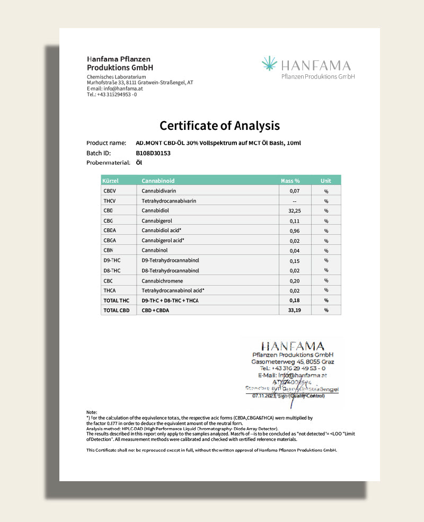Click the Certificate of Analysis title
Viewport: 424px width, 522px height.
point(219,126)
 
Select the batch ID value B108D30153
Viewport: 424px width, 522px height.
point(153,153)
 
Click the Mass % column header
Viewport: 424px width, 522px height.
point(290,181)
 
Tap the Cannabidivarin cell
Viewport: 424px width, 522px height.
point(159,190)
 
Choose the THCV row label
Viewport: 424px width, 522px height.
point(110,201)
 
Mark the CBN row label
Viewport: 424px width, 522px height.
point(108,250)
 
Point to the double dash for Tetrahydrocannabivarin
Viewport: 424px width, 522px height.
point(294,201)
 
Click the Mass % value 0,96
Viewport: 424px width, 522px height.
point(294,231)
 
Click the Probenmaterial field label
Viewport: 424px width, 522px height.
point(108,163)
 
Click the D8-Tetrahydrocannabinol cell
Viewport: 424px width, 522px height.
point(170,270)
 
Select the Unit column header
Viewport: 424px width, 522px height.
point(326,181)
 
